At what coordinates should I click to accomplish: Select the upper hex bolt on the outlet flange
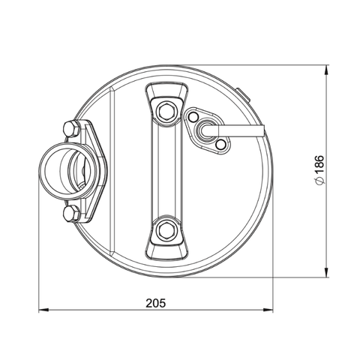tap(71, 127)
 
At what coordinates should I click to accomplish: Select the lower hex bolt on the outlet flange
tap(71, 214)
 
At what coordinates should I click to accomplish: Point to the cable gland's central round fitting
tap(205, 128)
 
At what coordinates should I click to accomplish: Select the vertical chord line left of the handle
tap(112, 169)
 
